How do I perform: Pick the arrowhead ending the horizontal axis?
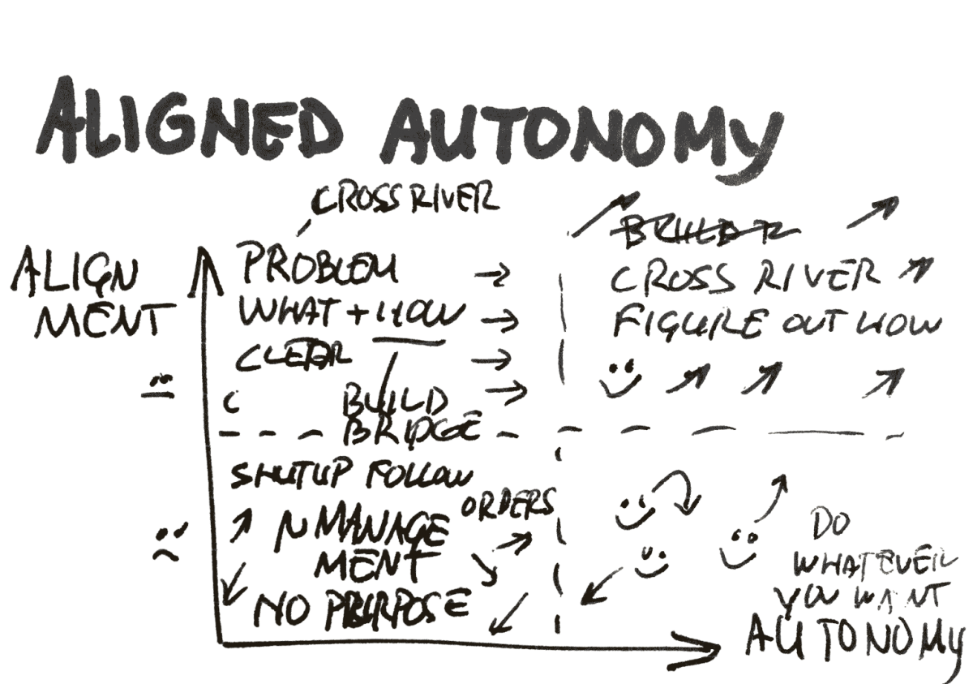point(709,646)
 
